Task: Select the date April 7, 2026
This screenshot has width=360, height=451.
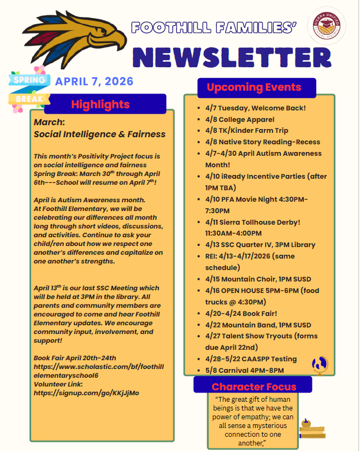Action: pos(94,81)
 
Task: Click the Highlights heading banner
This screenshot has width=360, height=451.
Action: pos(101,104)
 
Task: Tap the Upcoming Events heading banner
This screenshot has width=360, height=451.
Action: pos(253,87)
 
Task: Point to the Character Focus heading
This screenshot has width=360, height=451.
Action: pos(253,386)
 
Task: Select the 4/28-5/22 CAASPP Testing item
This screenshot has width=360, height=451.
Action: pos(251,359)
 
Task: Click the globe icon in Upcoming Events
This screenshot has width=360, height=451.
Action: pos(319,364)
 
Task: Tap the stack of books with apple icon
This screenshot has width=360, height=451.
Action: pos(312,430)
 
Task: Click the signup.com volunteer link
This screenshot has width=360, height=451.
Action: pos(86,393)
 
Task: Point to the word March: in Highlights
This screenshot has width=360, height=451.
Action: pos(49,122)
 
